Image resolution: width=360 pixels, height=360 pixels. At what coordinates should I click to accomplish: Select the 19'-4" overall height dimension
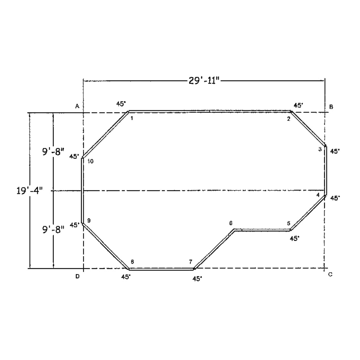tap(29, 191)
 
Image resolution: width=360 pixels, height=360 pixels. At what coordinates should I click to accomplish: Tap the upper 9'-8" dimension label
tap(53, 152)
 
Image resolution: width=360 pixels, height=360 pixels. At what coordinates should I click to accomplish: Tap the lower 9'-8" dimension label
tap(53, 229)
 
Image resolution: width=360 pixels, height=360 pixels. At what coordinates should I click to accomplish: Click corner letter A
tap(77, 106)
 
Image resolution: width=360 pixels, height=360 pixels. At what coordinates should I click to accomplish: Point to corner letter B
tap(331, 106)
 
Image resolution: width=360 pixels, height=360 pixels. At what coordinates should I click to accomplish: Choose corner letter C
tap(330, 274)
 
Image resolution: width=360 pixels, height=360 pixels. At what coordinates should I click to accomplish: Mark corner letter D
tap(77, 277)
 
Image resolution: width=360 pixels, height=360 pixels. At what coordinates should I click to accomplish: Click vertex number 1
tap(132, 118)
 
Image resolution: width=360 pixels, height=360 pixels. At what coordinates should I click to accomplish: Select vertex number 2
tap(289, 119)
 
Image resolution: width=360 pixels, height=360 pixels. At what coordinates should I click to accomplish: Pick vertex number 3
tap(320, 149)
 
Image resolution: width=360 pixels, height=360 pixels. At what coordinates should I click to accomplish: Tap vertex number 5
tap(289, 223)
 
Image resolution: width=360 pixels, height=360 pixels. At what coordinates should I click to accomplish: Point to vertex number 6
tap(231, 223)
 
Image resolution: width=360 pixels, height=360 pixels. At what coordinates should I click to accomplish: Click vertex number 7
tap(191, 261)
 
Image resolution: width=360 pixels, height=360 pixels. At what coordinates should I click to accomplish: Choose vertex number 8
tap(132, 261)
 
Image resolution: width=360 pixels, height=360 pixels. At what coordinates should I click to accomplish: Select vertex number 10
tap(90, 161)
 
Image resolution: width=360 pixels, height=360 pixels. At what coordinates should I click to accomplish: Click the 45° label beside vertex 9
tap(74, 225)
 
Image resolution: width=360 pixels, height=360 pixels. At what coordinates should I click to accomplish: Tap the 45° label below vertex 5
tap(294, 238)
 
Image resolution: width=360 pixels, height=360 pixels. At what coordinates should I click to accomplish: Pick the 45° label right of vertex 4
tap(335, 198)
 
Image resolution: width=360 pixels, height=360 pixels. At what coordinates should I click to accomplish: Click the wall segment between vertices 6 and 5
tap(262, 230)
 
